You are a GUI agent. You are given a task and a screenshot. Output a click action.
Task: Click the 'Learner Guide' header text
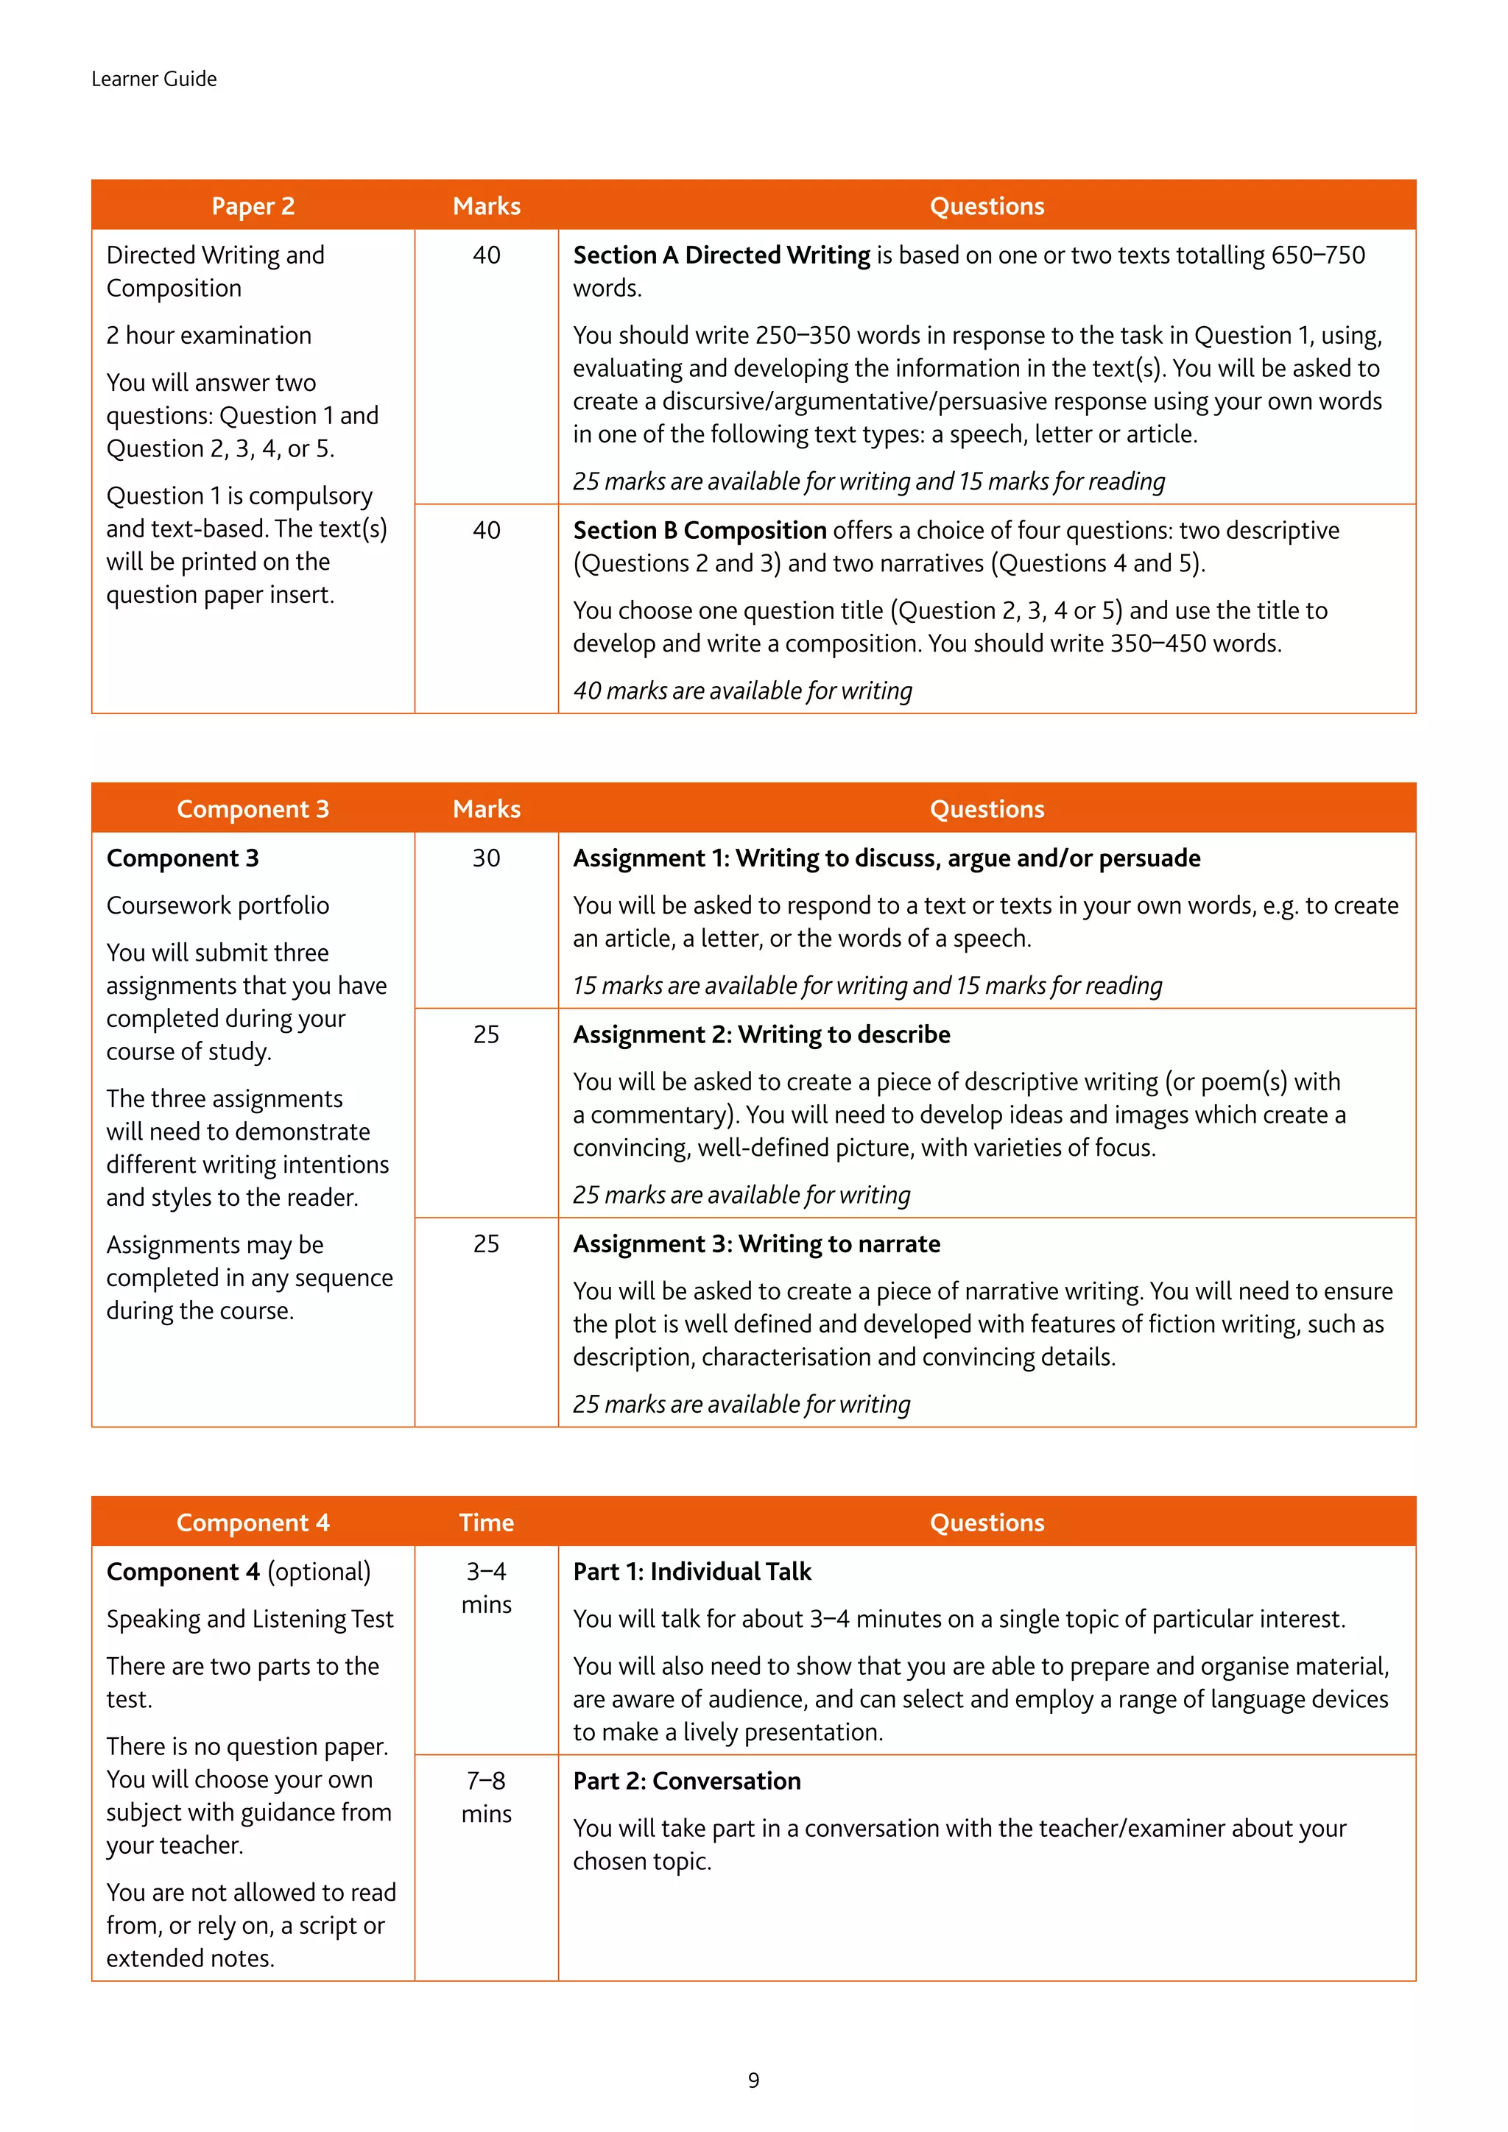(154, 79)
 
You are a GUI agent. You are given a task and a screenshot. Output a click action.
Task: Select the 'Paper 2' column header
(253, 206)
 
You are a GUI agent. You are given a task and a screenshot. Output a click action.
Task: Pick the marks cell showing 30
(486, 858)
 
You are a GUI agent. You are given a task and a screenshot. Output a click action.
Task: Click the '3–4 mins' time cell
(486, 1588)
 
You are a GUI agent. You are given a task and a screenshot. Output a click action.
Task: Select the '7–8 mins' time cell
(486, 1797)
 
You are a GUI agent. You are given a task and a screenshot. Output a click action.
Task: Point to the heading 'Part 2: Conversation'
(686, 1781)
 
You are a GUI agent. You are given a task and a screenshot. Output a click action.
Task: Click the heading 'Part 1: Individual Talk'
(692, 1571)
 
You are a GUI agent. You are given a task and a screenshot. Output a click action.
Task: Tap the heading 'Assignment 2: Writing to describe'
(761, 1034)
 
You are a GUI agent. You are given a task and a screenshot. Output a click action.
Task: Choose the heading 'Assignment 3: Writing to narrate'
(756, 1243)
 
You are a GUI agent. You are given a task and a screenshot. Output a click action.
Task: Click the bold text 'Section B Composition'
(700, 530)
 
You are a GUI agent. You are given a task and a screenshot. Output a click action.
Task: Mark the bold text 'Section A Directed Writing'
(722, 255)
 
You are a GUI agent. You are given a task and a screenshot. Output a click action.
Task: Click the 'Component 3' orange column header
(253, 809)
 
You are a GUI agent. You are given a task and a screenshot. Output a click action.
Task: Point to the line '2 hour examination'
(209, 335)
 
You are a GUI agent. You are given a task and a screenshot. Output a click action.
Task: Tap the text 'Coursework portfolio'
(217, 906)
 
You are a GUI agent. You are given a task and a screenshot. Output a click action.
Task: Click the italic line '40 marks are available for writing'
(742, 691)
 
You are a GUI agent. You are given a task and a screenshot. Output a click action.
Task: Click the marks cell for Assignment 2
(486, 1034)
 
